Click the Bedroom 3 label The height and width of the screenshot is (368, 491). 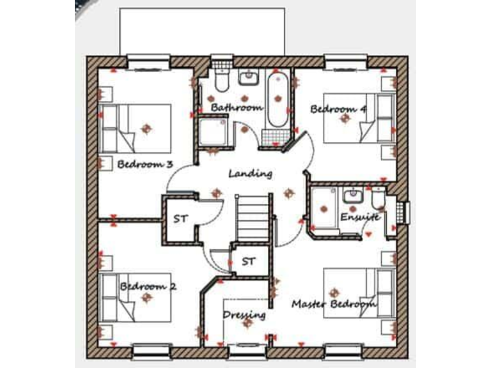145,164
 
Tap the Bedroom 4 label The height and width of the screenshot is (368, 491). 338,109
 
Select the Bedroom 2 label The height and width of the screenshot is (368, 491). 148,286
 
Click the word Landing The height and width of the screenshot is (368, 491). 251,173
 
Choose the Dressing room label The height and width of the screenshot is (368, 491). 244,315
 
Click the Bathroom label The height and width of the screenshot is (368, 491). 237,107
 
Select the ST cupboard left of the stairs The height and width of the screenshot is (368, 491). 180,218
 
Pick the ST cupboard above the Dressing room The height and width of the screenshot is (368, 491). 249,261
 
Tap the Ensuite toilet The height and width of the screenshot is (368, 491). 378,199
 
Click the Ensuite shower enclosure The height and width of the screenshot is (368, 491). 324,208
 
